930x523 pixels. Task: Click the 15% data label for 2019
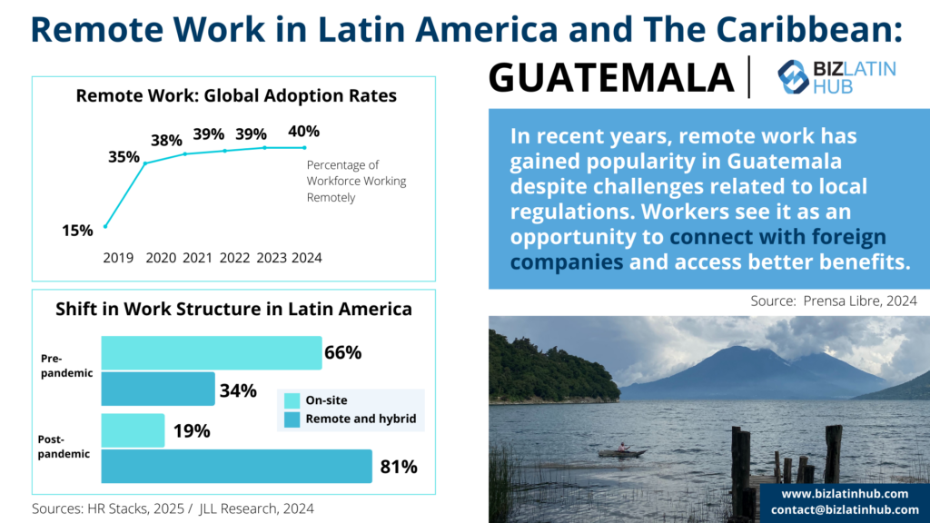(77, 231)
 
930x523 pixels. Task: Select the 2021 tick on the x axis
(197, 258)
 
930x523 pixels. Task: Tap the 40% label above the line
(303, 132)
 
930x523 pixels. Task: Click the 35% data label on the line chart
(124, 156)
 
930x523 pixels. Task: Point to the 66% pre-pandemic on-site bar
(211, 352)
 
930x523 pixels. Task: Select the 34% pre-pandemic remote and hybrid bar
(157, 389)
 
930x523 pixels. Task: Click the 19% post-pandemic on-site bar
(133, 430)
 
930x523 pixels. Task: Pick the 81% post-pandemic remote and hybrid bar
(236, 466)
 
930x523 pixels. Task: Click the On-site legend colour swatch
(292, 400)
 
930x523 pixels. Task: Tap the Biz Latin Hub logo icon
(793, 77)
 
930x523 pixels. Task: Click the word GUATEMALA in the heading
(611, 78)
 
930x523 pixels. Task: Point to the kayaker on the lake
(622, 448)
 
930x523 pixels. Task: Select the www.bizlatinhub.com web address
(844, 493)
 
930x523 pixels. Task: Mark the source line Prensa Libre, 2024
(834, 300)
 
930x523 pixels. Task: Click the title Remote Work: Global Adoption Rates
(236, 95)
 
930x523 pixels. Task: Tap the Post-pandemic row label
(64, 446)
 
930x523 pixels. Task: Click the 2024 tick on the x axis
(306, 258)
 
